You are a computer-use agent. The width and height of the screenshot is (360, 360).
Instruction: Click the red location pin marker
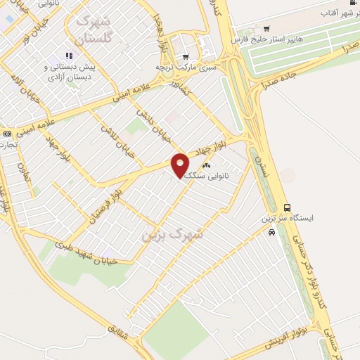pos(181,165)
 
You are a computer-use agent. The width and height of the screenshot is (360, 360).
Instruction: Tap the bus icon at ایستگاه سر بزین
pos(287,207)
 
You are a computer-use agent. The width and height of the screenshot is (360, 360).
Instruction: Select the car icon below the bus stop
pos(271,233)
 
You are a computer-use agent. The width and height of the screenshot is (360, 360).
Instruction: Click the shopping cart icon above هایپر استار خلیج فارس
pos(266,28)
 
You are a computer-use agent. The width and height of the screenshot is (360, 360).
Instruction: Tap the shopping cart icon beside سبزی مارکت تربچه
pos(185,57)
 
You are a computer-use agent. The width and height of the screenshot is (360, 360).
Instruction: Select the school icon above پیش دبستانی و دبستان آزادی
pos(69,56)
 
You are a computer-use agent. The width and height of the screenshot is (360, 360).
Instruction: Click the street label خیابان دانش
pos(150,120)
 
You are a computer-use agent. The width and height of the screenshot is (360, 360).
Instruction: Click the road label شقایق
pos(117,338)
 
